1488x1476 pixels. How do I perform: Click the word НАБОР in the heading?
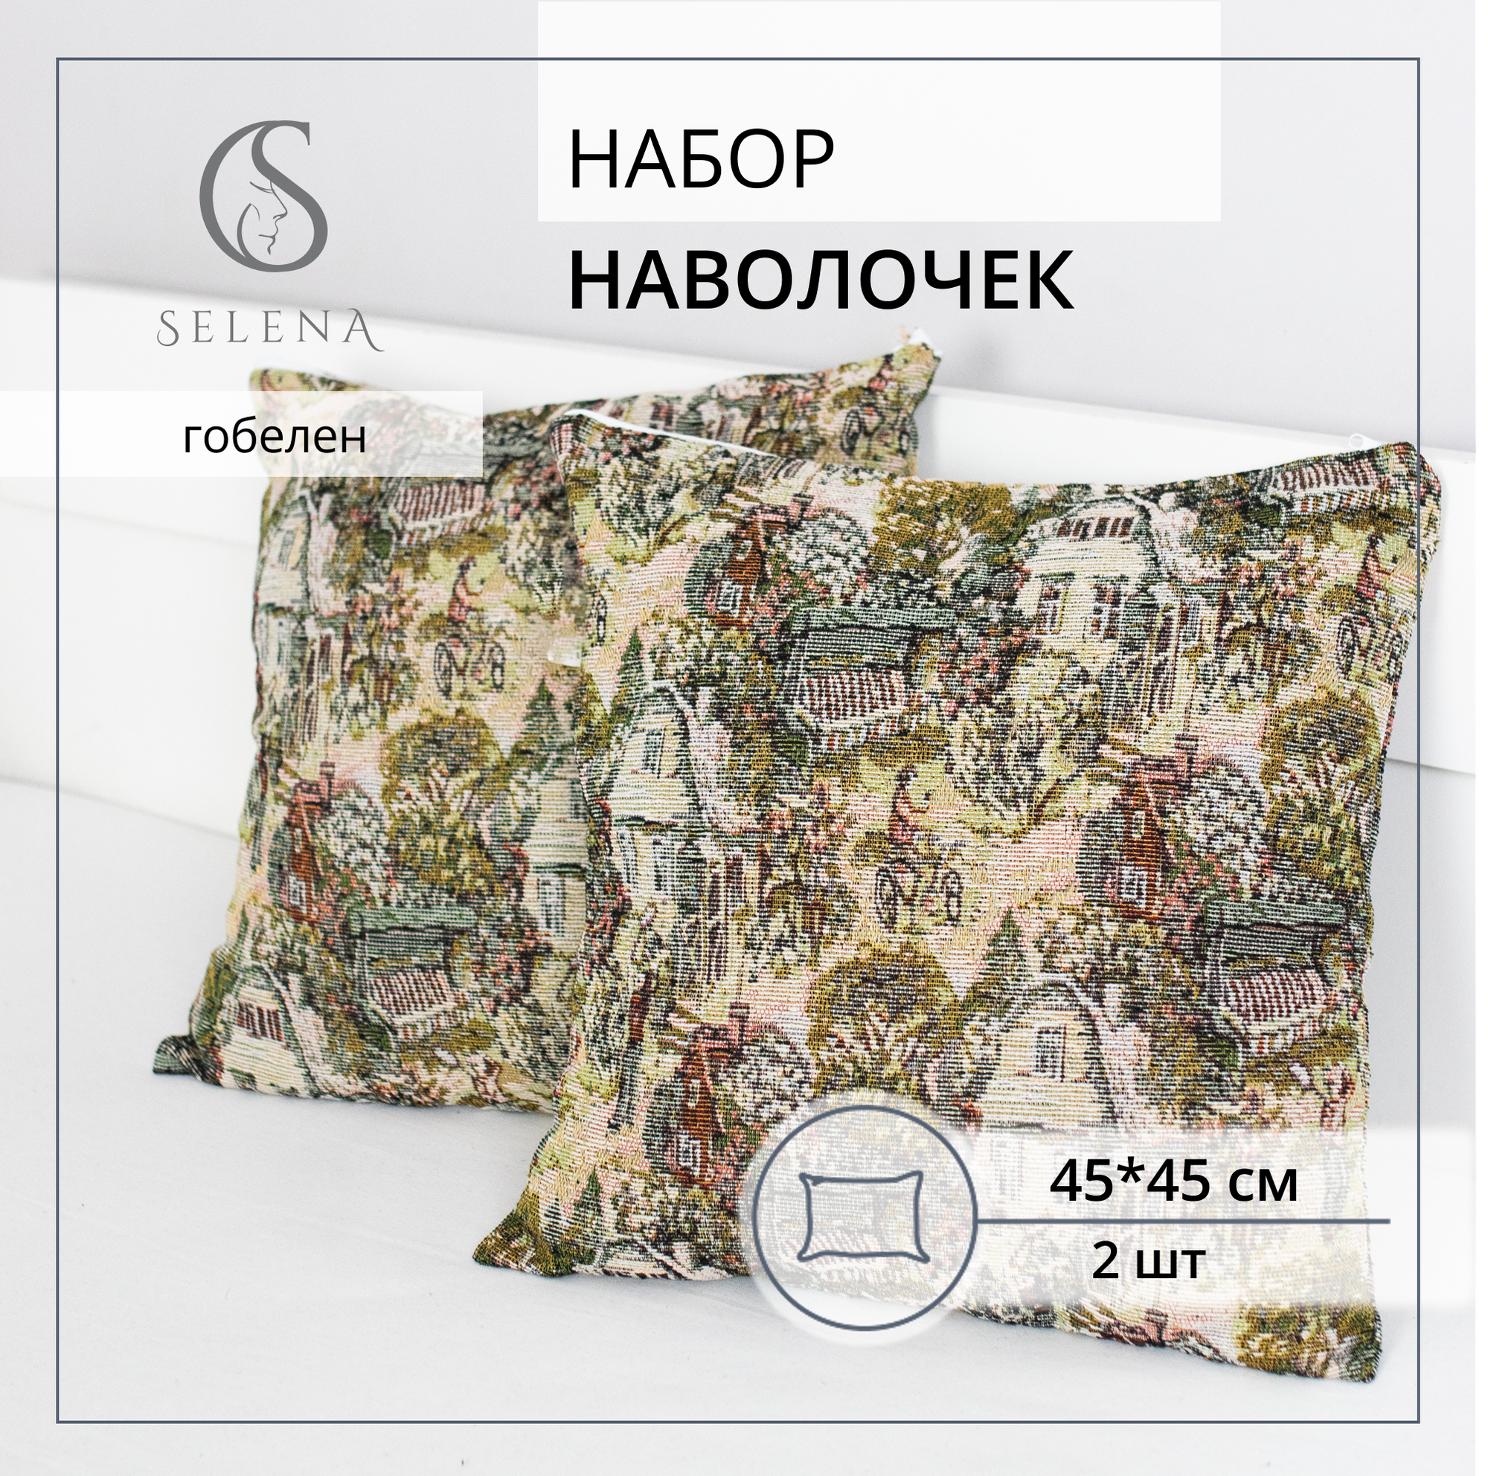tap(700, 161)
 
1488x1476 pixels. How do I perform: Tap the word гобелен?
tap(275, 437)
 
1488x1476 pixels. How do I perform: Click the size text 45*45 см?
tap(1174, 1182)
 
